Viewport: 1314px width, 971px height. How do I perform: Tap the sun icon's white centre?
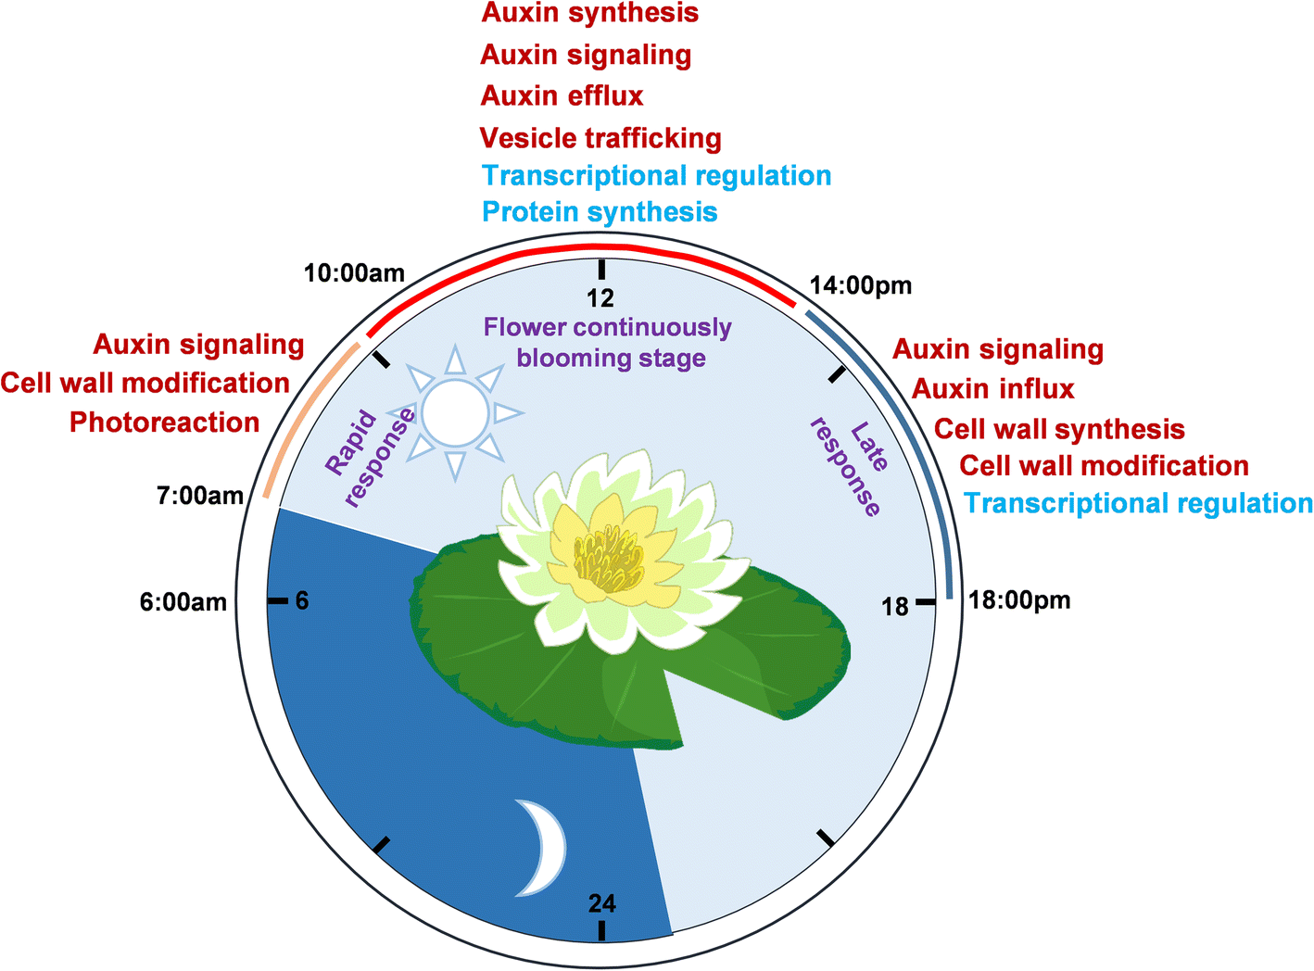pos(454,413)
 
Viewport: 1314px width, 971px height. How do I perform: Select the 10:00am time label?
pos(355,273)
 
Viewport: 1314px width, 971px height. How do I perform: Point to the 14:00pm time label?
pos(861,285)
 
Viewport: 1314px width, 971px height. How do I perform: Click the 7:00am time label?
pos(200,496)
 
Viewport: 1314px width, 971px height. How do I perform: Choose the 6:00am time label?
pos(183,602)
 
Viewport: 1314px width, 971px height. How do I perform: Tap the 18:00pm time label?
pos(1019,600)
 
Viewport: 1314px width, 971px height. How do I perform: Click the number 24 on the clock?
pos(601,903)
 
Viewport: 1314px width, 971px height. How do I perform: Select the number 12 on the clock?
pos(600,297)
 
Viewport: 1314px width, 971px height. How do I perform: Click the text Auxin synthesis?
pos(590,14)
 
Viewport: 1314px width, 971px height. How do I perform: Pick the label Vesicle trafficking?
pos(600,139)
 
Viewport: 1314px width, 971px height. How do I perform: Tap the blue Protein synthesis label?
pos(600,212)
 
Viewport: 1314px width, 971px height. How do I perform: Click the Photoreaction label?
pos(165,422)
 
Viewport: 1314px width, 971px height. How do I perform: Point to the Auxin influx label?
pos(993,389)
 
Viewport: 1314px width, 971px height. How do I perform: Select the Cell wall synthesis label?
pos(1059,430)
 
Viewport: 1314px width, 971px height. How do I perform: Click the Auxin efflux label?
pos(562,96)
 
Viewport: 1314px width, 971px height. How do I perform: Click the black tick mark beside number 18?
pos(925,602)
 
